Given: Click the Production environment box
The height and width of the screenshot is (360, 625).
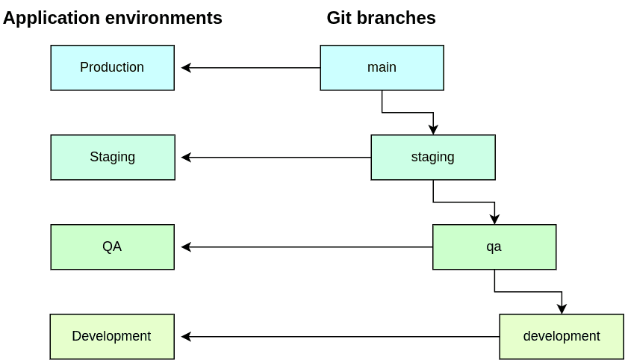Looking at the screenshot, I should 112,68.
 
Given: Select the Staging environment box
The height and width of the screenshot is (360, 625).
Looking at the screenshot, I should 112,158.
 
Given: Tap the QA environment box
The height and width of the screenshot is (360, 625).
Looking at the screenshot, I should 112,247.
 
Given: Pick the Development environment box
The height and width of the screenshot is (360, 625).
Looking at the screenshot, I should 112,337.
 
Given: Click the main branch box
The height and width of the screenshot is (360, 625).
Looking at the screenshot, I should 382,68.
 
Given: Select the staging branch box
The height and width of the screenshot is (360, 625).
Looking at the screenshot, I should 432,158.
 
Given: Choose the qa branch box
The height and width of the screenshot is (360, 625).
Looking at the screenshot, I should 494,247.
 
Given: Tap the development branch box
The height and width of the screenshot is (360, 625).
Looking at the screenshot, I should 562,337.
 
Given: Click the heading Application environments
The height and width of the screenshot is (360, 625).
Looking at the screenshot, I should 113,18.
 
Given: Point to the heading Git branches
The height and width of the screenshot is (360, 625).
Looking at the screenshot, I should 381,18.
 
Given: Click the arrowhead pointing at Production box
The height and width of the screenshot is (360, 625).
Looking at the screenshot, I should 186,68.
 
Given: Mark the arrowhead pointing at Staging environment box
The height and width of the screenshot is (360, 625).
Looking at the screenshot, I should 186,158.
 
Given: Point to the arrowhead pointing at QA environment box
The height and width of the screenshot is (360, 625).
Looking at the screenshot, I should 186,247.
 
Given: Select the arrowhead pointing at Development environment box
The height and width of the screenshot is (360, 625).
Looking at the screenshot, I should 186,337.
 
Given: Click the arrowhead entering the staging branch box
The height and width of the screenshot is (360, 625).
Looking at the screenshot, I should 433,130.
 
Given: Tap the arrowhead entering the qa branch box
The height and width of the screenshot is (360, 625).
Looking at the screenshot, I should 494,220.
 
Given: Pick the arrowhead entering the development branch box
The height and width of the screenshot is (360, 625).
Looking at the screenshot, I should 562,309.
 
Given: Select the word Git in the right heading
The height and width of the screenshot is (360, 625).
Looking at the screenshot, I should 338,18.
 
